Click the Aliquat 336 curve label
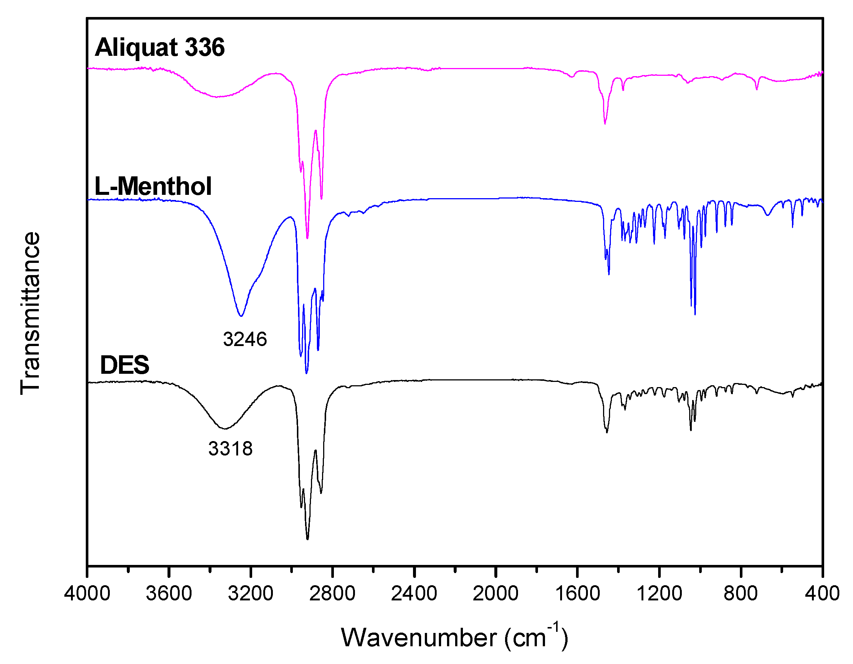(x=160, y=47)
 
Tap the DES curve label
(x=125, y=365)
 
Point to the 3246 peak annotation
(x=245, y=339)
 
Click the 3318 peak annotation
(x=230, y=448)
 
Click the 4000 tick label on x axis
(x=87, y=593)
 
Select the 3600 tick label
(x=169, y=593)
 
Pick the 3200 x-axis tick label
(x=250, y=593)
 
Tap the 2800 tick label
(x=332, y=593)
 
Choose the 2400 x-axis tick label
(x=414, y=593)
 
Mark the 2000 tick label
(x=495, y=593)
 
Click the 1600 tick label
(x=577, y=593)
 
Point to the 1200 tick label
(x=659, y=593)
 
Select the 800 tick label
(x=741, y=593)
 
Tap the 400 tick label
(x=822, y=593)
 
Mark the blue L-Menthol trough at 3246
(x=241, y=316)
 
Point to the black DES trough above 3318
(x=224, y=428)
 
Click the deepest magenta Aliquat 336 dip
(x=308, y=237)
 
